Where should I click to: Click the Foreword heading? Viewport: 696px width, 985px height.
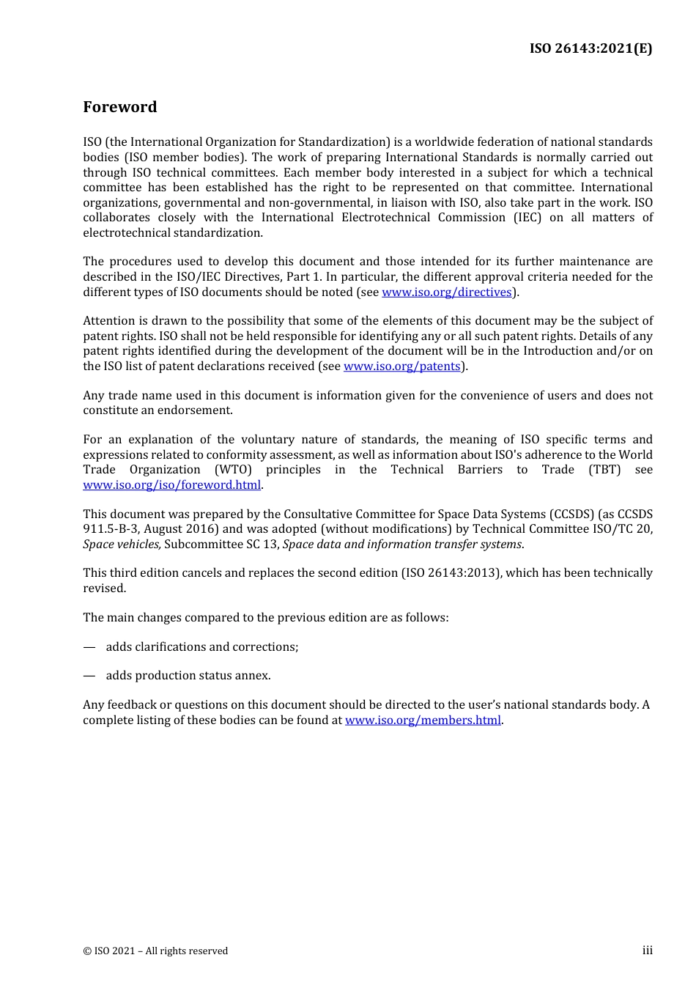(119, 107)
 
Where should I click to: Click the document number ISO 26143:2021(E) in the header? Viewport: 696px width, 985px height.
(591, 48)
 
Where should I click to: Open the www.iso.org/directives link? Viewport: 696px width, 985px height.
(446, 292)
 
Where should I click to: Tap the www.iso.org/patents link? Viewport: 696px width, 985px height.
(401, 366)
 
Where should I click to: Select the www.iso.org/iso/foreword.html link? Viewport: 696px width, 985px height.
(171, 485)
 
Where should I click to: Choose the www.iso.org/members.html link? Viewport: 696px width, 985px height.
(423, 720)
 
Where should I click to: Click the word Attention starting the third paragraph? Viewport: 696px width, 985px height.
(110, 321)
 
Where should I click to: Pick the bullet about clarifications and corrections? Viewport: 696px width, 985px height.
(201, 647)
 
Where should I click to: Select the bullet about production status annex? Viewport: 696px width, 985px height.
(188, 676)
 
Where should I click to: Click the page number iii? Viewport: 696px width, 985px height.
(647, 951)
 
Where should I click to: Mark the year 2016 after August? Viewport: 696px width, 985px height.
(204, 529)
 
